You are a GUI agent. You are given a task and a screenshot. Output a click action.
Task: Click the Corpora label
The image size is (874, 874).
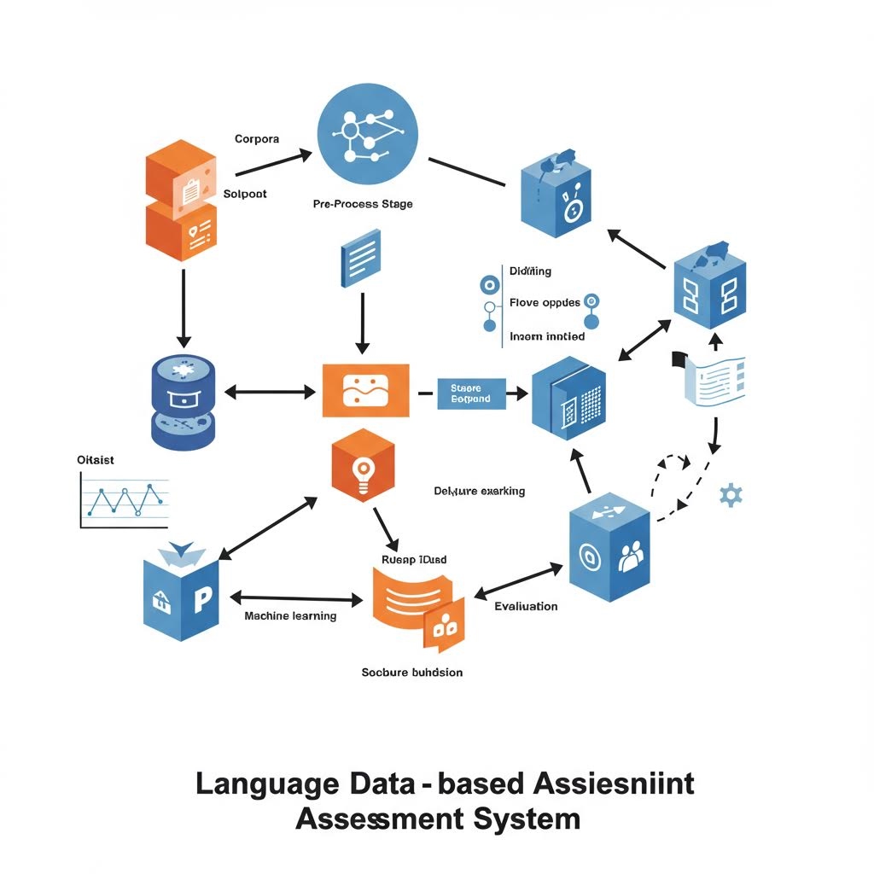[256, 138]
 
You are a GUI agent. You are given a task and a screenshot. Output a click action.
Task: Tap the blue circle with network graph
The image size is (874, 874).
[367, 136]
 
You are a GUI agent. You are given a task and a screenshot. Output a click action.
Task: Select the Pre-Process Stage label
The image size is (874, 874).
[364, 205]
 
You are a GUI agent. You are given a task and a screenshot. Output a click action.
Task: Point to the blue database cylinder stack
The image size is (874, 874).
[183, 402]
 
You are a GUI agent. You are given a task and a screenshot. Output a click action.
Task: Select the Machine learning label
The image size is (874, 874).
[290, 616]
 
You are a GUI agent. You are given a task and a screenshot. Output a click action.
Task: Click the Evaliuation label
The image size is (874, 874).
[526, 607]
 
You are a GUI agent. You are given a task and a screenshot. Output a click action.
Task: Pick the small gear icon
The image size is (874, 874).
[731, 495]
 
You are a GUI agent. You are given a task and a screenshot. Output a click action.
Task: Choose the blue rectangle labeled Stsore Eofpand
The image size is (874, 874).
[470, 393]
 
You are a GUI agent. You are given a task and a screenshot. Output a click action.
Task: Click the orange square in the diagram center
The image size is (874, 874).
[365, 391]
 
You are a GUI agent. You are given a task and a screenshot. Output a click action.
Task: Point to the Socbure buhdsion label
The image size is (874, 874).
[411, 673]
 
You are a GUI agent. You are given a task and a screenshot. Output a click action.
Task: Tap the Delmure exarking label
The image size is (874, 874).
[479, 492]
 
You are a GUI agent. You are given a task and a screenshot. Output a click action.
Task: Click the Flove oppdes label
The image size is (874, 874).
[545, 303]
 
